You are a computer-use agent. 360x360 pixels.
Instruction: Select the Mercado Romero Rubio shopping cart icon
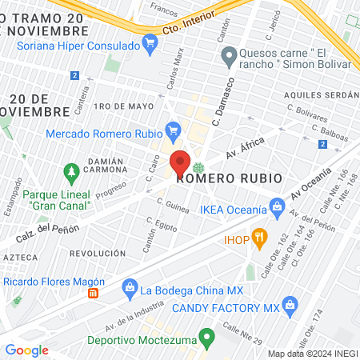tap(173, 129)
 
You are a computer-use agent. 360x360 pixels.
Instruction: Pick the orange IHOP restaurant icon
tap(258, 237)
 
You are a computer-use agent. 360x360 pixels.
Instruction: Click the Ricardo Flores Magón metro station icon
tap(93, 294)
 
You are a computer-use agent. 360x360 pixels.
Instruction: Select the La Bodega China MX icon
tap(128, 289)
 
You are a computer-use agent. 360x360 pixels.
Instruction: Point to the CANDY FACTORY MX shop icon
tap(290, 304)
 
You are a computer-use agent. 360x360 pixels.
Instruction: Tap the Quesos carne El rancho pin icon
tap(227, 55)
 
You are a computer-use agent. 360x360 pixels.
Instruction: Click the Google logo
tap(26, 350)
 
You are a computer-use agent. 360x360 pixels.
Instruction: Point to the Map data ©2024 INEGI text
tap(312, 354)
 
